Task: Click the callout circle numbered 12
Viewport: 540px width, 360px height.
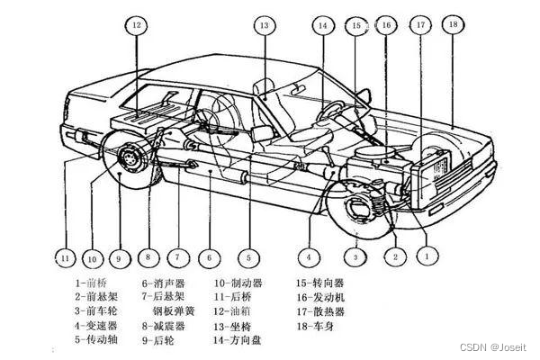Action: coord(137,27)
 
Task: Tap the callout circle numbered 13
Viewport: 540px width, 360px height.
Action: coord(264,26)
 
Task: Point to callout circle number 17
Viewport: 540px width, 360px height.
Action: coord(420,26)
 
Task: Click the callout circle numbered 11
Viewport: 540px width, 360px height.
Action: coord(65,257)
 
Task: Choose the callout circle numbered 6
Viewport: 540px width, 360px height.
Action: coord(210,258)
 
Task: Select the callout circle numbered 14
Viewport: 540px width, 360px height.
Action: coord(322,26)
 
